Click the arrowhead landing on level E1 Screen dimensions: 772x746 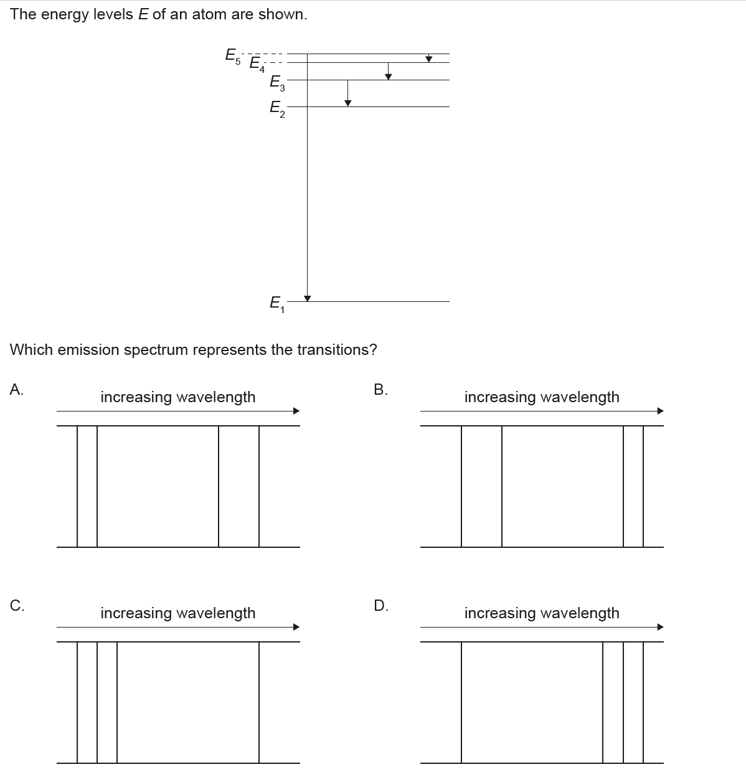click(x=307, y=298)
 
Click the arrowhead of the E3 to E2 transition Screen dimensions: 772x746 click(x=347, y=103)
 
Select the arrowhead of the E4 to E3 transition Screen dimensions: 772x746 click(x=389, y=77)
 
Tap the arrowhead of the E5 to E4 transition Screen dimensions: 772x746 click(x=428, y=59)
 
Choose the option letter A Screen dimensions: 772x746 click(x=17, y=390)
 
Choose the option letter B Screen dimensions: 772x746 click(x=380, y=390)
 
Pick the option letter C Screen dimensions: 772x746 click(x=17, y=605)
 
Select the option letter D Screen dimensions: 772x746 click(x=381, y=605)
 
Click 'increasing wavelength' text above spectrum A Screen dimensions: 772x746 click(x=178, y=397)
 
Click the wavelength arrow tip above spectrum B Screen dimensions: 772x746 click(x=661, y=411)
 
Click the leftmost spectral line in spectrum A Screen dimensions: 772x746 click(x=78, y=486)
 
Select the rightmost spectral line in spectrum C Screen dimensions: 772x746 click(x=259, y=702)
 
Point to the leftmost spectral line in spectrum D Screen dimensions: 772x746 click(x=461, y=702)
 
